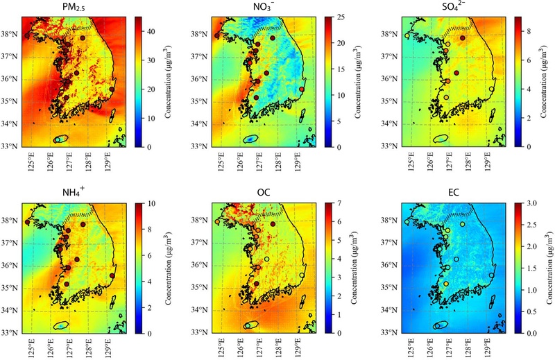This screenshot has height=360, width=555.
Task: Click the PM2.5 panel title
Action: tap(74, 7)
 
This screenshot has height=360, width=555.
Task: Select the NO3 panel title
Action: tap(264, 7)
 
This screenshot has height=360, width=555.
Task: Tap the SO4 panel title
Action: tap(454, 7)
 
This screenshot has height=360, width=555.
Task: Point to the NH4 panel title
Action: tap(74, 193)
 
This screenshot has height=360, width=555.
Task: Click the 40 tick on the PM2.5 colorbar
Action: tap(151, 31)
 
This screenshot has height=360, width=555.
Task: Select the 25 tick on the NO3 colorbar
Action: tap(341, 17)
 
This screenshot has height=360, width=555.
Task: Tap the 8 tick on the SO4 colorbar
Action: tap(529, 31)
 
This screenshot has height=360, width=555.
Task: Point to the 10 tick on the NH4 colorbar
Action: tap(151, 203)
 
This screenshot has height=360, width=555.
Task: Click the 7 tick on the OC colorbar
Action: tap(339, 203)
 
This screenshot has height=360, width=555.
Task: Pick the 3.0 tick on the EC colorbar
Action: tap(532, 203)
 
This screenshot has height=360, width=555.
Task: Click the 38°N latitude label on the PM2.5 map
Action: tap(11, 35)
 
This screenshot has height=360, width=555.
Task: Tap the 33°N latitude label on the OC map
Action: tap(200, 332)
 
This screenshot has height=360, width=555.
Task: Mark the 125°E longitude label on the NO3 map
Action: tap(221, 162)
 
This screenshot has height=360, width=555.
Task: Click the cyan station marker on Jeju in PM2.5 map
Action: tap(58, 140)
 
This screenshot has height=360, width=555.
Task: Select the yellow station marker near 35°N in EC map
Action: tap(446, 284)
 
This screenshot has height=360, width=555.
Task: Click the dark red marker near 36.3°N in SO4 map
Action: tap(456, 73)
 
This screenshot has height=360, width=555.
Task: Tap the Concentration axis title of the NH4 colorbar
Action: tap(168, 268)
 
